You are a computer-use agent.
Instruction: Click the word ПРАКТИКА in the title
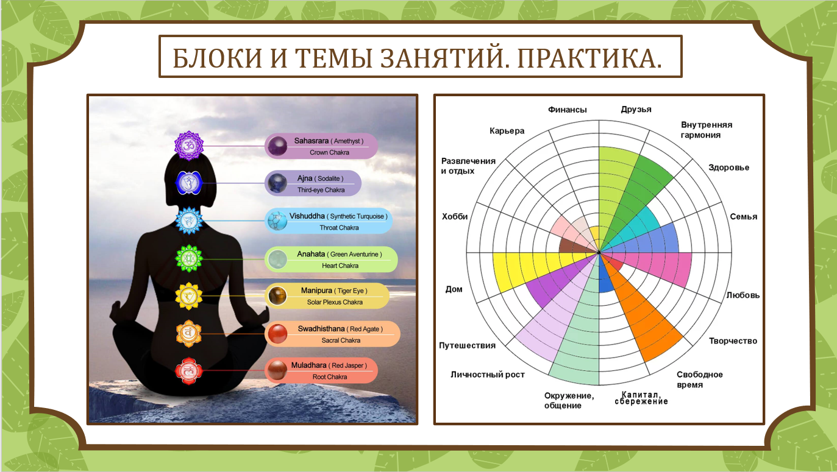[589, 58]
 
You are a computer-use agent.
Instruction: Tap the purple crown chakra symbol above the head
[189, 146]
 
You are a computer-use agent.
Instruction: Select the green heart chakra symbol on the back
[189, 258]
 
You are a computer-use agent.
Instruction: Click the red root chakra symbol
[189, 371]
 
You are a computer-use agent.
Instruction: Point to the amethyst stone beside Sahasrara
[277, 146]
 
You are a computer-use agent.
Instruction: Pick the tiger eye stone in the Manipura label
[277, 296]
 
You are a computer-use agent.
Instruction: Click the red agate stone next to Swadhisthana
[277, 334]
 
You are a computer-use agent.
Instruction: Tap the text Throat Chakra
[339, 228]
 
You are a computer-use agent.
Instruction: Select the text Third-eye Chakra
[321, 190]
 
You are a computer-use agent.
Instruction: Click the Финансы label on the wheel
[567, 110]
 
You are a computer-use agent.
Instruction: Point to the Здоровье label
[728, 167]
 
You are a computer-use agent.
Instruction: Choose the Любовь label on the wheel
[743, 295]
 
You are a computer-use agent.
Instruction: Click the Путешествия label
[467, 345]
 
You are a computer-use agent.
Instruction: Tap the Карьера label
[507, 131]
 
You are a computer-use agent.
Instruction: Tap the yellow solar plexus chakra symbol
[189, 296]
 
